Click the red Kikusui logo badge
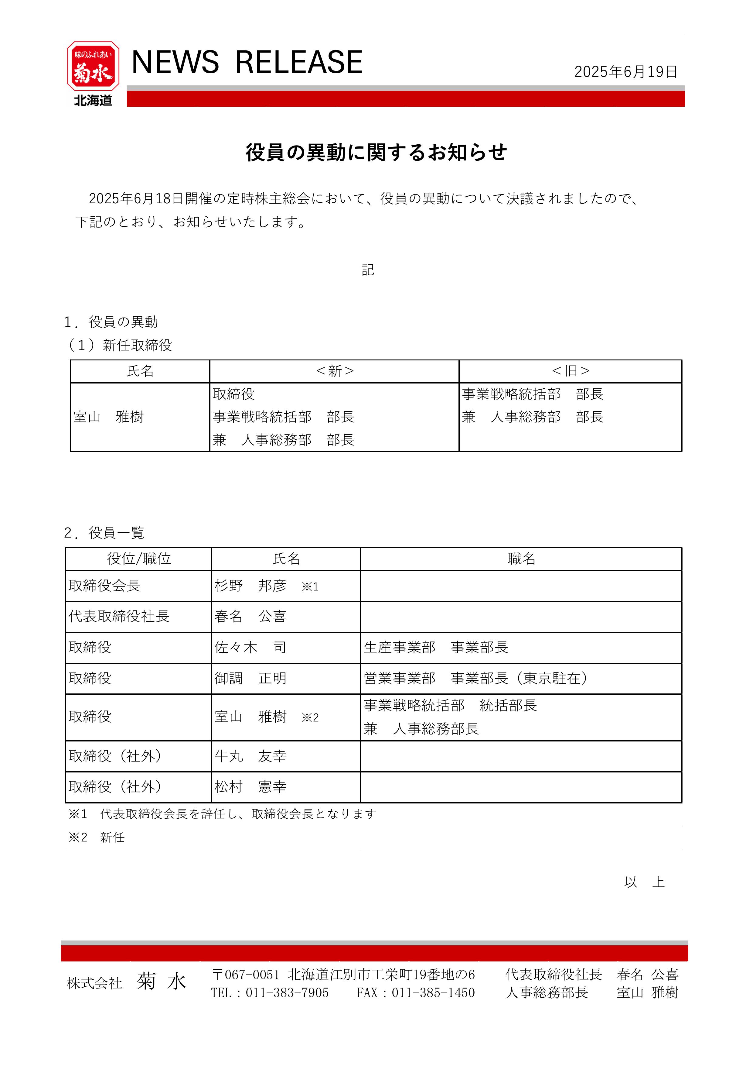click(93, 66)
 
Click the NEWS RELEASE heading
click(247, 62)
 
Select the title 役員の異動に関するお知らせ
click(376, 152)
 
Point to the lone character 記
click(368, 270)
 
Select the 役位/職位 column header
click(139, 559)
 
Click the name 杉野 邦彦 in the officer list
click(250, 586)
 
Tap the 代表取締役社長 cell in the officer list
click(119, 617)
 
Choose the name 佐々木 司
click(250, 648)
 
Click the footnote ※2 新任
click(97, 837)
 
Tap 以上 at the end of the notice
click(644, 882)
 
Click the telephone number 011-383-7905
click(287, 993)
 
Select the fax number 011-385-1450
click(433, 993)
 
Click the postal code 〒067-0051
click(246, 975)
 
